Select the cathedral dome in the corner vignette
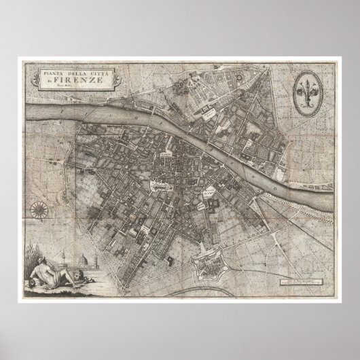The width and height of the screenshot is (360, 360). (x=84, y=261)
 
